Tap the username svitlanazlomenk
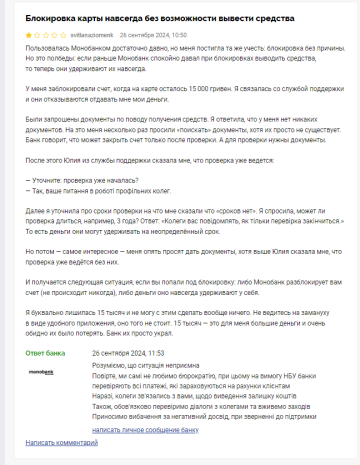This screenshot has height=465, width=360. point(90,34)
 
